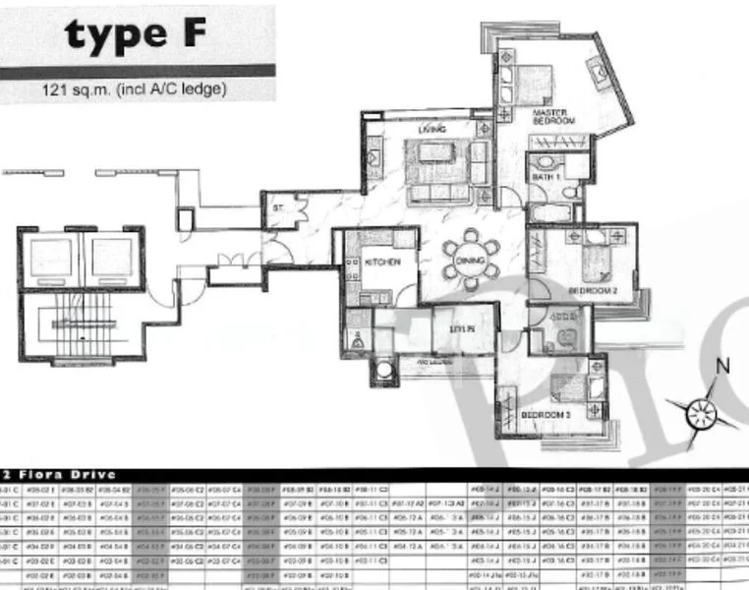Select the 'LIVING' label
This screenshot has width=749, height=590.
[x=431, y=130]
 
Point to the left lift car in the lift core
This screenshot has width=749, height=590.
[x=48, y=260]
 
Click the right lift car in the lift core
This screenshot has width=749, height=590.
[x=110, y=260]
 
